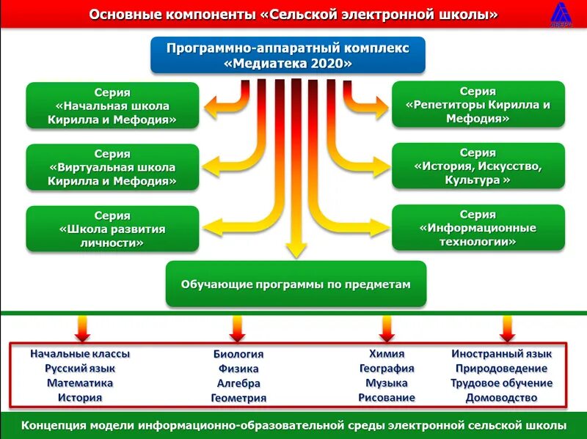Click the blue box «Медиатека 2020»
point(288,56)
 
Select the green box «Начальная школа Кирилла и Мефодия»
point(112,106)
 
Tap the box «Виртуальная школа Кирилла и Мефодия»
point(112,167)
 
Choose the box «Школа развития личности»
point(112,229)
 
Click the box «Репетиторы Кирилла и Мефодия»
point(478,105)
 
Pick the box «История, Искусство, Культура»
point(478,166)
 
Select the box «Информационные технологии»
point(478,228)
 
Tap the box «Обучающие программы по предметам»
point(296,284)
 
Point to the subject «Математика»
point(80,383)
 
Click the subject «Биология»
point(238,354)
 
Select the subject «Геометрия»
point(238,398)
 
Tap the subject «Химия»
point(387,353)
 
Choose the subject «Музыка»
point(387,383)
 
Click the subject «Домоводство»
point(501,398)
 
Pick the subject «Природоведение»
point(501,368)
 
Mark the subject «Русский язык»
point(80,368)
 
